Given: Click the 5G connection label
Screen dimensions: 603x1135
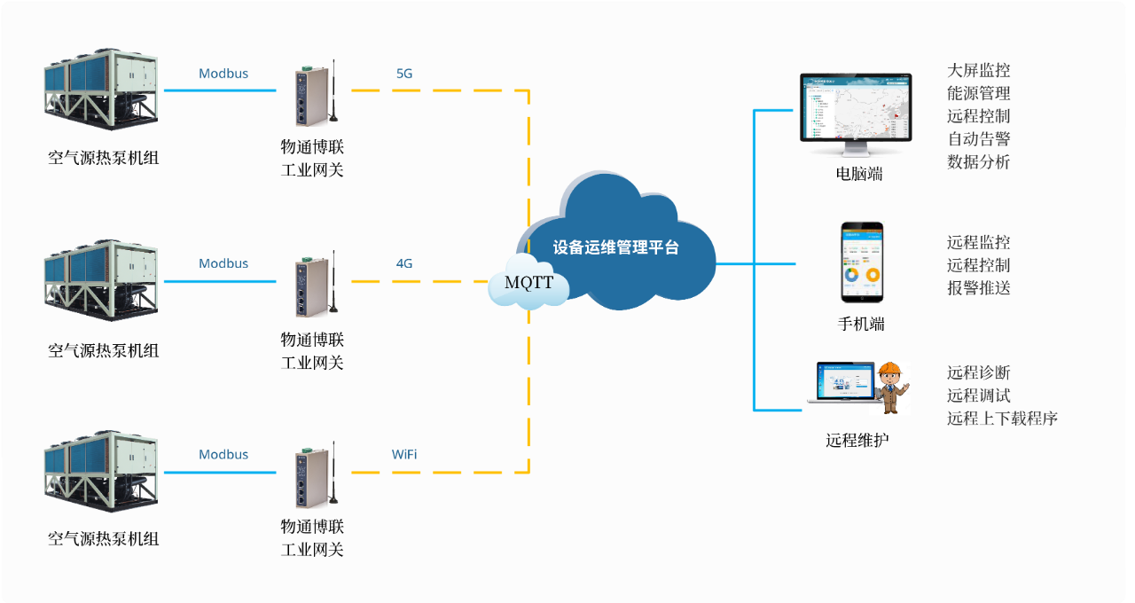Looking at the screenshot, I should pyautogui.click(x=404, y=74).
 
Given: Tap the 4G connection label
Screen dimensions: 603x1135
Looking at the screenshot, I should pyautogui.click(x=404, y=263).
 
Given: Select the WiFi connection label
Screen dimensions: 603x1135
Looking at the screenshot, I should pyautogui.click(x=404, y=454).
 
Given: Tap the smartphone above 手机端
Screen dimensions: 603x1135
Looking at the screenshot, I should pyautogui.click(x=862, y=262).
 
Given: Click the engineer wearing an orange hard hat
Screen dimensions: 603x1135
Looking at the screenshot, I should pyautogui.click(x=889, y=388).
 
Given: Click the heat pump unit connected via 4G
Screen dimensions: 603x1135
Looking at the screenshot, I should pyautogui.click(x=101, y=282).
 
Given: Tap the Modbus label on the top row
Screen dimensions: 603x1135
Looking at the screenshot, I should pyautogui.click(x=223, y=74).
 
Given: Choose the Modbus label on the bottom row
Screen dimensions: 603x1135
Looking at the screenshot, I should pyautogui.click(x=223, y=454).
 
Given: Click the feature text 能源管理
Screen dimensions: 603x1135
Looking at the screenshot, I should pyautogui.click(x=978, y=93).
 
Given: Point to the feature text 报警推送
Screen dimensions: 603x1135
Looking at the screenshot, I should pyautogui.click(x=978, y=288).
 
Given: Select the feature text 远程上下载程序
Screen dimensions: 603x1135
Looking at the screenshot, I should pyautogui.click(x=1002, y=419).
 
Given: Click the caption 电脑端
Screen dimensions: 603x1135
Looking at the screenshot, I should pyautogui.click(x=859, y=174).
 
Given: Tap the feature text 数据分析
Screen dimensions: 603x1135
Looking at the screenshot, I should pyautogui.click(x=978, y=162).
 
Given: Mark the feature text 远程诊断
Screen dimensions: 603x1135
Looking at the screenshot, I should pyautogui.click(x=978, y=372).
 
